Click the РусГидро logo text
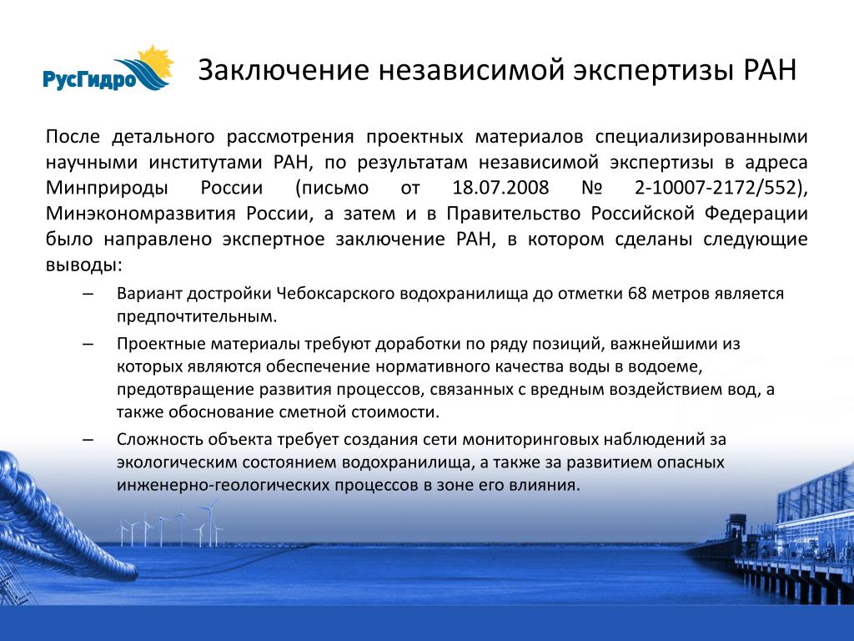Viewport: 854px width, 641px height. point(89,79)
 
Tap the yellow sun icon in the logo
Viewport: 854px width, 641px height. point(156,63)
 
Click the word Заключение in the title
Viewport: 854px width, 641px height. point(284,70)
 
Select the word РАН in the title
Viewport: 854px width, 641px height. point(770,70)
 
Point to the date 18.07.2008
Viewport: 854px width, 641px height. point(500,188)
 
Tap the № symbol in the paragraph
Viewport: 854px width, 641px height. point(592,188)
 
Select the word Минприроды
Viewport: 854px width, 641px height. point(107,188)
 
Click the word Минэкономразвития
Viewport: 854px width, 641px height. point(140,214)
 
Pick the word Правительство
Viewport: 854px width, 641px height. point(513,213)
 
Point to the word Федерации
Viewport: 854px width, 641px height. point(756,214)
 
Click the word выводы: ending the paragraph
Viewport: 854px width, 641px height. point(84,265)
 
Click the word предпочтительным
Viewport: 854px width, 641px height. point(197,316)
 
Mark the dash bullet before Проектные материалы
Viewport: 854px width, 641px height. point(88,345)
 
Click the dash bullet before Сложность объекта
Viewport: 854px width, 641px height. point(88,440)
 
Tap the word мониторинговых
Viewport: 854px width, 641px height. point(528,439)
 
